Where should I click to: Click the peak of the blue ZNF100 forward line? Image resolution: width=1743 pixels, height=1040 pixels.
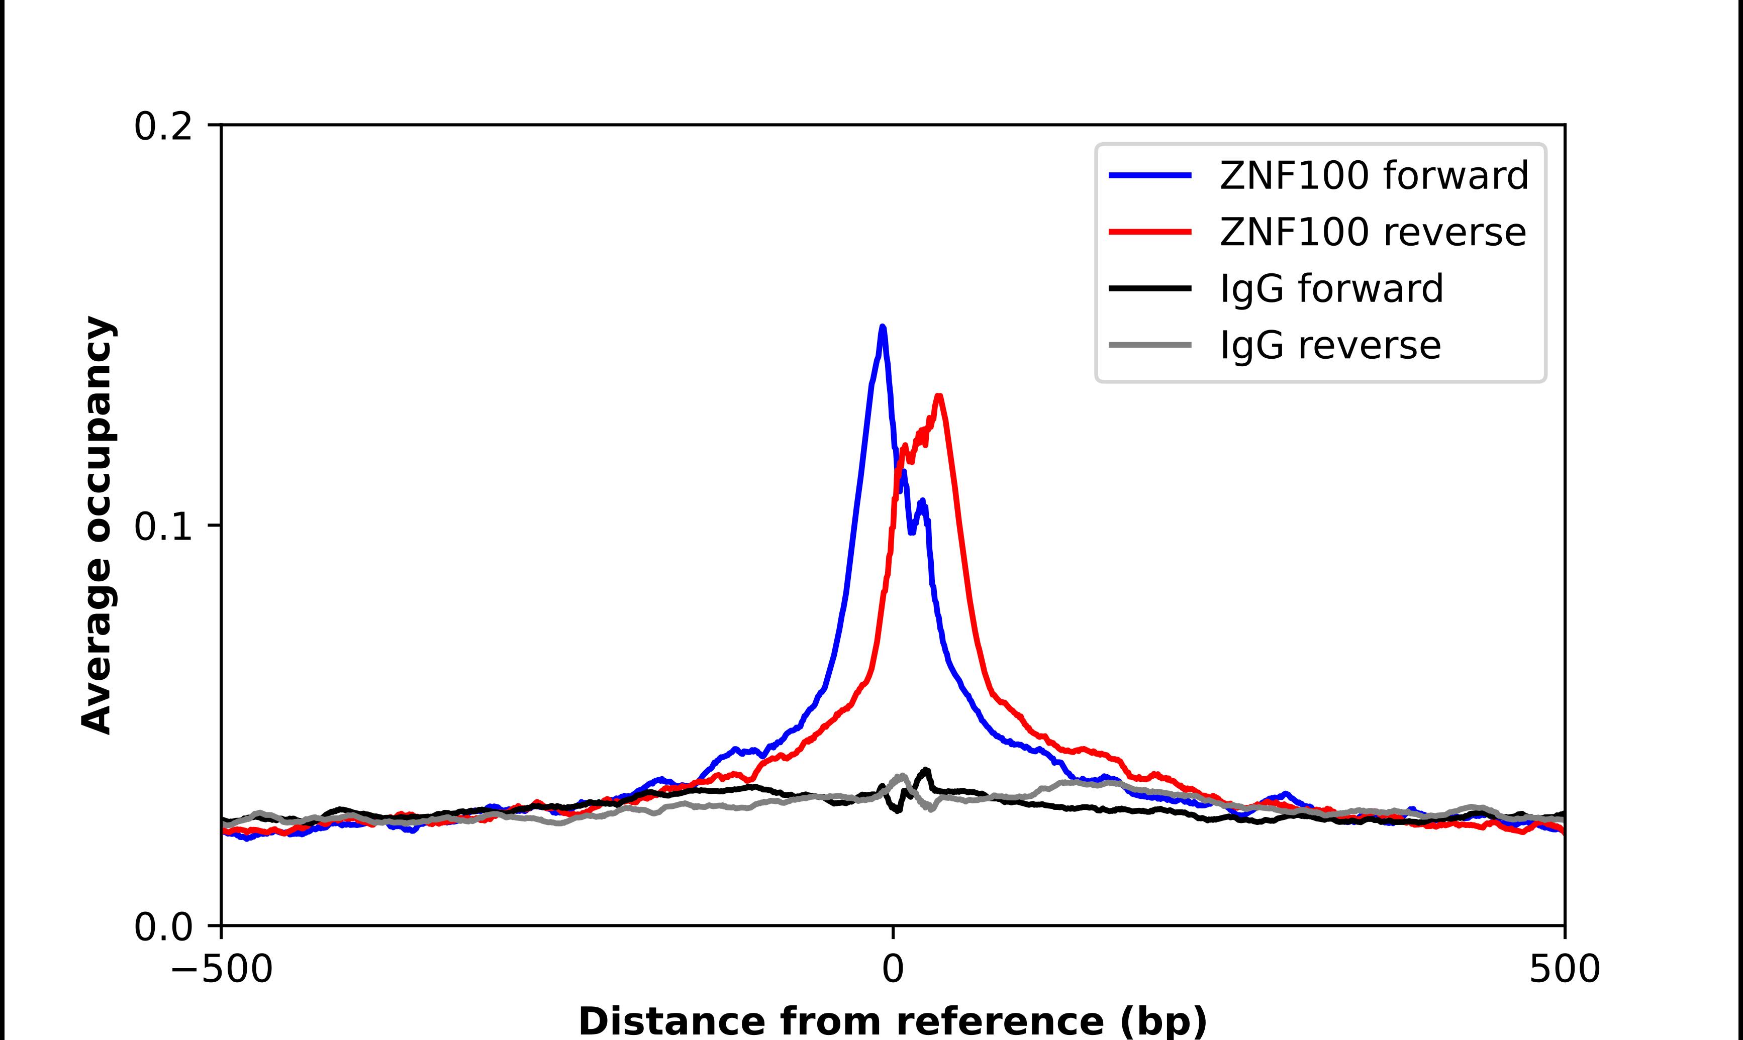click(x=883, y=327)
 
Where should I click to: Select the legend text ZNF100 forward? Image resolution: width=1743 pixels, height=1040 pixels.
click(x=1374, y=175)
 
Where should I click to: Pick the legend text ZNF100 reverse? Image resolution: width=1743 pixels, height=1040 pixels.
click(x=1372, y=232)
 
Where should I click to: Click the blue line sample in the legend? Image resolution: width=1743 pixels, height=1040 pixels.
click(x=1149, y=175)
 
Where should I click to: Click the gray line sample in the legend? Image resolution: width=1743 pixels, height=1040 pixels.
click(x=1149, y=345)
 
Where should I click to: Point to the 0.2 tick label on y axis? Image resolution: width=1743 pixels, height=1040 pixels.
click(x=163, y=127)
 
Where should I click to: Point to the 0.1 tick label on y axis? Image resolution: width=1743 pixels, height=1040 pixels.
click(x=163, y=527)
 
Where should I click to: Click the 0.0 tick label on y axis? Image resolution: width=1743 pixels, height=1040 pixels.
click(x=163, y=927)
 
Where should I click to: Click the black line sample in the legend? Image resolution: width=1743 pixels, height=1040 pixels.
click(x=1149, y=288)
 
